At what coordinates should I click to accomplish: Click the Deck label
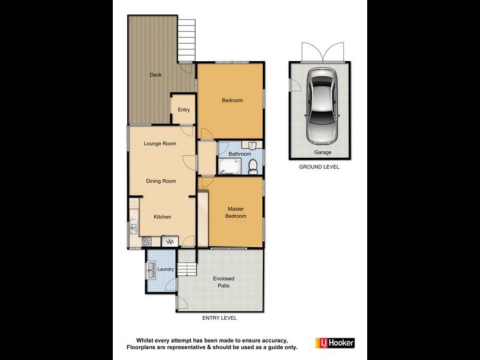pyautogui.click(x=156, y=75)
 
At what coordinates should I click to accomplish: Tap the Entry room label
pyautogui.click(x=184, y=110)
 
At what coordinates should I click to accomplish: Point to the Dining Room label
pyautogui.click(x=161, y=181)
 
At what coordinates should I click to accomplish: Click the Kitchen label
pyautogui.click(x=163, y=217)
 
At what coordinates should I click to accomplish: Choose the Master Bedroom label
pyautogui.click(x=236, y=212)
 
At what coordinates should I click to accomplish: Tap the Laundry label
pyautogui.click(x=166, y=269)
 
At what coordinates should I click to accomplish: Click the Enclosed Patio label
pyautogui.click(x=223, y=282)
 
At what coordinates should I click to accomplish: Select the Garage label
pyautogui.click(x=323, y=152)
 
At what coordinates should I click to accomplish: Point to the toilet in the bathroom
pyautogui.click(x=253, y=166)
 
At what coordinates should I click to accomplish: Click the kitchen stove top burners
pyautogui.click(x=147, y=242)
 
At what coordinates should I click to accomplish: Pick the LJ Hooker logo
pyautogui.click(x=335, y=343)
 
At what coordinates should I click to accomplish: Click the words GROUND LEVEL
pyautogui.click(x=319, y=167)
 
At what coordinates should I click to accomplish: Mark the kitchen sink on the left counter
pyautogui.click(x=134, y=228)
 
